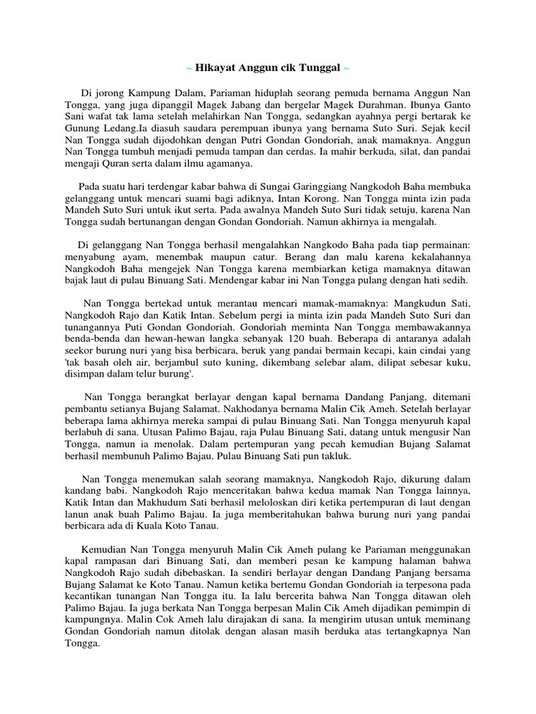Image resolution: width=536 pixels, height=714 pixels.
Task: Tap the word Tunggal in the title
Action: (315, 68)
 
